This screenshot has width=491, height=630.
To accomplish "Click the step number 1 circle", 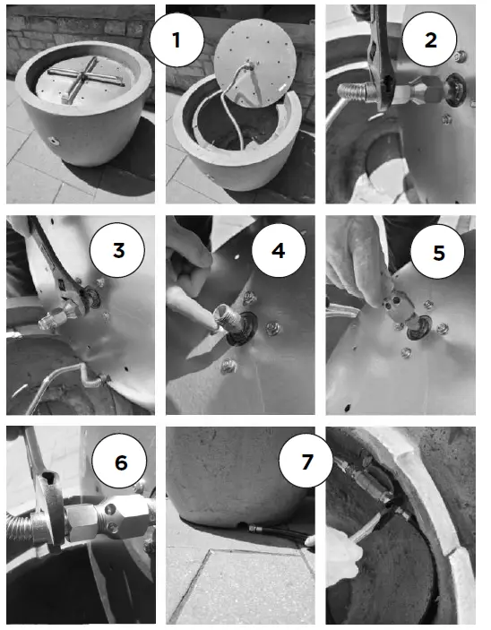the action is (177, 39).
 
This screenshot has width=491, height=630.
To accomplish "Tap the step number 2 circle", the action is (429, 39).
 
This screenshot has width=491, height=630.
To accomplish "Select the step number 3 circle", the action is (117, 250).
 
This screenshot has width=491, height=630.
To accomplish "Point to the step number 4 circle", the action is (279, 250).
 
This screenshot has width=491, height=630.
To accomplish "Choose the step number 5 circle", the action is (438, 252).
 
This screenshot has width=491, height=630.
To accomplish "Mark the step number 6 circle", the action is (120, 462).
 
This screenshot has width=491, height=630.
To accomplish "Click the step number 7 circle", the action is (306, 461).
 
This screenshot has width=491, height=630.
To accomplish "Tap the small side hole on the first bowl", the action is (53, 141).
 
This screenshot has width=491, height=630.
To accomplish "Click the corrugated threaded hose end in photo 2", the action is (354, 92).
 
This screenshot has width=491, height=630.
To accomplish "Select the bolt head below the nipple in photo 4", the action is (228, 365).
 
